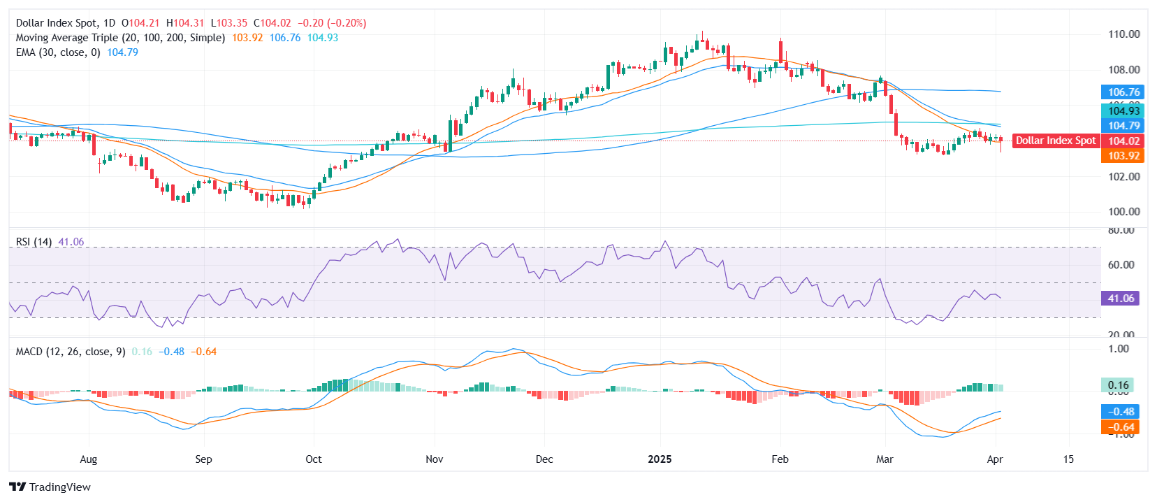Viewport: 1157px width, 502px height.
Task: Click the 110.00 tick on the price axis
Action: point(1123,34)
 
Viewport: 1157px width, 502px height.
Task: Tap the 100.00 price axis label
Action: point(1123,212)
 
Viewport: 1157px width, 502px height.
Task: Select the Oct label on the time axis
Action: point(314,459)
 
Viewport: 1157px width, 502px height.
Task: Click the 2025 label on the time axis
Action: point(660,459)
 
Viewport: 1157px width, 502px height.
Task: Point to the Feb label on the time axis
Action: point(780,459)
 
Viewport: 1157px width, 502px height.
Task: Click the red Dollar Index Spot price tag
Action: point(1055,141)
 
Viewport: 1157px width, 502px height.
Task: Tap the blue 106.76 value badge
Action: point(1123,92)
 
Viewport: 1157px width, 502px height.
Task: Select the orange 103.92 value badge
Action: point(1123,156)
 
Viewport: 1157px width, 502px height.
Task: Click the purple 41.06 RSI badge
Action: point(1121,299)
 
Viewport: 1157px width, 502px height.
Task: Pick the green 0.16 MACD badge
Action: point(1118,385)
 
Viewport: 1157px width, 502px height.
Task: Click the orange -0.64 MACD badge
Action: point(1121,427)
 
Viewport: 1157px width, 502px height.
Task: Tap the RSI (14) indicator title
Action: point(34,242)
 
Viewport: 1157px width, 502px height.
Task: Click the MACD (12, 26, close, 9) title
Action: point(71,352)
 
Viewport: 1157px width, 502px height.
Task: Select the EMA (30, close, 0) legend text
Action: point(58,52)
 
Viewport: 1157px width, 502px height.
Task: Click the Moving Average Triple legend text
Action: point(120,38)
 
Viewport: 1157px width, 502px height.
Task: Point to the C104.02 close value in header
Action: point(272,23)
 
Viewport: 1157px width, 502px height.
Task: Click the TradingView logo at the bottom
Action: point(50,487)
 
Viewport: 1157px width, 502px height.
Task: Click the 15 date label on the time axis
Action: point(1068,459)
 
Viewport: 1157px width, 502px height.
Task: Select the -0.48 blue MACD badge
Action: point(1121,412)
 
